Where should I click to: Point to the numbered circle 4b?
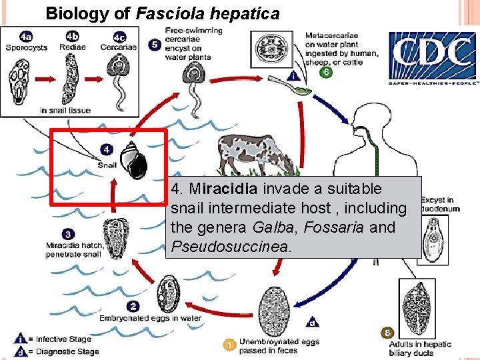[x=72, y=37]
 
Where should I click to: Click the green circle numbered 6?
[x=325, y=73]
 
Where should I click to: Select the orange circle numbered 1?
[x=229, y=345]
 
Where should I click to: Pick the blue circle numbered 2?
[x=133, y=306]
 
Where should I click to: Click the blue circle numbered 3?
[x=69, y=234]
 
